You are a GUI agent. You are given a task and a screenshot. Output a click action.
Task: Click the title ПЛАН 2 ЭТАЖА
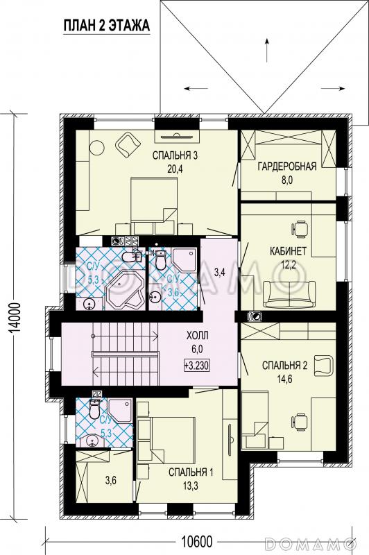(x=107, y=26)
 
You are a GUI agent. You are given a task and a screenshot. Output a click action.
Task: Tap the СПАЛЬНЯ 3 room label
(x=174, y=155)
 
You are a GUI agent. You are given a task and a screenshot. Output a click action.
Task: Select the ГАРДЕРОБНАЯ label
(x=287, y=166)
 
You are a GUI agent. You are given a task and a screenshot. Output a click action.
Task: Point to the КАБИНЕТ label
(x=288, y=251)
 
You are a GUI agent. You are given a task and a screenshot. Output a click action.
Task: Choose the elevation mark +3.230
(x=197, y=365)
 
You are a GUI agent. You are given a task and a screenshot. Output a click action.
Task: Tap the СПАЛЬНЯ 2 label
(x=284, y=366)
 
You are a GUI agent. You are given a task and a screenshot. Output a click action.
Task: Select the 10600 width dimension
(x=197, y=541)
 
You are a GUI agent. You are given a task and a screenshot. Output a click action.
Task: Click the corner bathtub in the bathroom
(x=126, y=291)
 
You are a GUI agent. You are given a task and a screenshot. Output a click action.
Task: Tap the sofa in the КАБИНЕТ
(x=289, y=294)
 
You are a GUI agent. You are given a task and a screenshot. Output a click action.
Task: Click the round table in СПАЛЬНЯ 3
(x=96, y=147)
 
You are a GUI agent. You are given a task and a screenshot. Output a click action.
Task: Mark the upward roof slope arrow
(x=266, y=49)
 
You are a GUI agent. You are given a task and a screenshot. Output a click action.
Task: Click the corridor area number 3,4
(x=219, y=273)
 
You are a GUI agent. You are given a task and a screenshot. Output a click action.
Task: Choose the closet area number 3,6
(x=111, y=481)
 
